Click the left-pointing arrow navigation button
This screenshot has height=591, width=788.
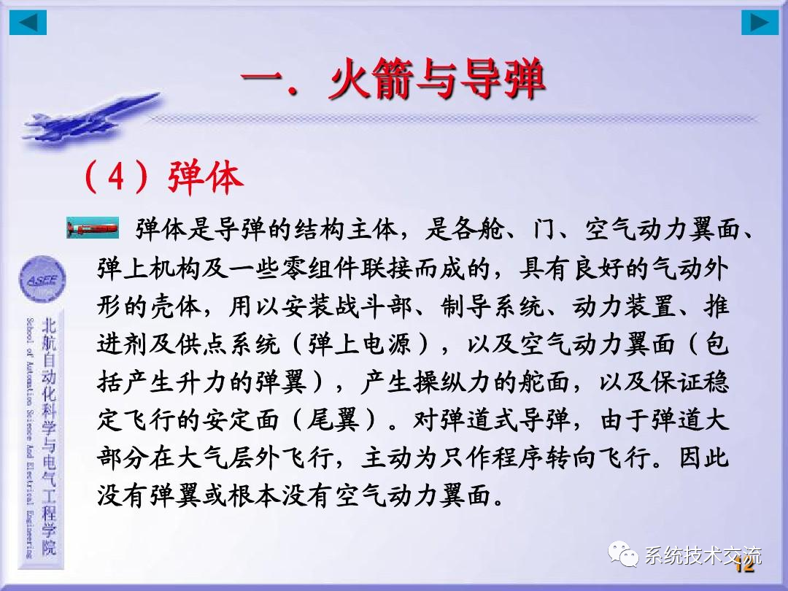tap(28, 23)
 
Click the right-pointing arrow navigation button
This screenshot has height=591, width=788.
tap(760, 23)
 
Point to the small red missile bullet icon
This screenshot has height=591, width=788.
tap(92, 228)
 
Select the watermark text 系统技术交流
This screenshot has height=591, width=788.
tap(703, 556)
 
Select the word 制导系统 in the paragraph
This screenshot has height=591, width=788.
tap(478, 306)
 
